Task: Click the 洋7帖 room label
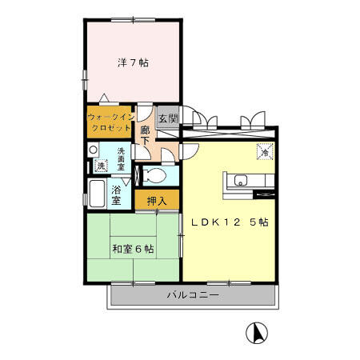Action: click(133, 63)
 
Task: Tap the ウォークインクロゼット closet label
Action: click(110, 122)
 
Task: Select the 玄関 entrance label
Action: click(168, 118)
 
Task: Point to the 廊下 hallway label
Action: click(146, 135)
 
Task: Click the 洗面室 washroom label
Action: click(121, 159)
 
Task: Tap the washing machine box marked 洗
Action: click(101, 166)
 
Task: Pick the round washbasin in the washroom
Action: click(94, 150)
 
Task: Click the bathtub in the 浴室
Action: click(97, 194)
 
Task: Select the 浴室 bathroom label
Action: click(116, 195)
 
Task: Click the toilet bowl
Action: click(154, 176)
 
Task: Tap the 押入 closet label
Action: click(157, 201)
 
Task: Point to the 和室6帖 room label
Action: click(133, 249)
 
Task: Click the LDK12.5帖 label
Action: click(230, 222)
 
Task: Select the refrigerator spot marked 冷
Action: click(265, 152)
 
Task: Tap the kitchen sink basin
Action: click(241, 181)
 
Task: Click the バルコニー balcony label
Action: click(193, 295)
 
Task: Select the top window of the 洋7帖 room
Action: click(133, 20)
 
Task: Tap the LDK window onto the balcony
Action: click(229, 283)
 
